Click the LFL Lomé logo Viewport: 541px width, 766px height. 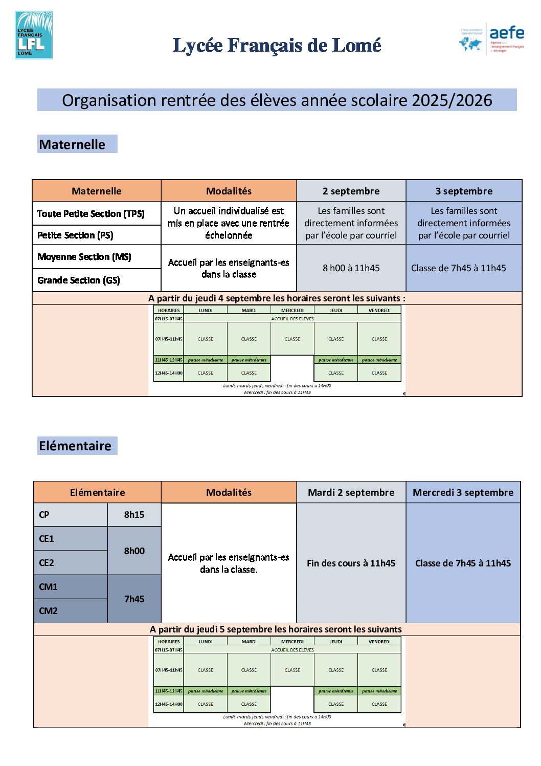(x=34, y=35)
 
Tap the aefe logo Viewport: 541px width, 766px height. (x=491, y=38)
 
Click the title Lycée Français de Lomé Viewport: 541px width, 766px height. (x=277, y=46)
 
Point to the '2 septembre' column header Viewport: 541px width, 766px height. (x=351, y=191)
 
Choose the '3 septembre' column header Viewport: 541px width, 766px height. (x=464, y=191)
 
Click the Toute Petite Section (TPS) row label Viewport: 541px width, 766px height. (x=91, y=213)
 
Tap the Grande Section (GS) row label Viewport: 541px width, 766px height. (x=79, y=280)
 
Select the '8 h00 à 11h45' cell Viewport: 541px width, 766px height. (x=351, y=268)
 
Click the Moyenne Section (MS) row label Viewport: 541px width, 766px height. (x=84, y=256)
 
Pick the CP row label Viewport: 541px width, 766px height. (x=44, y=514)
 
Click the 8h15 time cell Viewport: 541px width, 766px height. (x=134, y=514)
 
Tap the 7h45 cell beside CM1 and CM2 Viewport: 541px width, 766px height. (x=134, y=599)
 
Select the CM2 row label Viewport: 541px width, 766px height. (x=49, y=610)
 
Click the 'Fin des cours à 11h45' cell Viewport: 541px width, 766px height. (x=351, y=563)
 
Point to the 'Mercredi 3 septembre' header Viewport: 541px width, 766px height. (x=463, y=492)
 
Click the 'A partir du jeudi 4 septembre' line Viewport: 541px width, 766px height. (x=277, y=298)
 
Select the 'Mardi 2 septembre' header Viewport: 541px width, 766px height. (x=351, y=492)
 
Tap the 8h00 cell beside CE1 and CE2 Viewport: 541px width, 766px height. (x=134, y=551)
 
